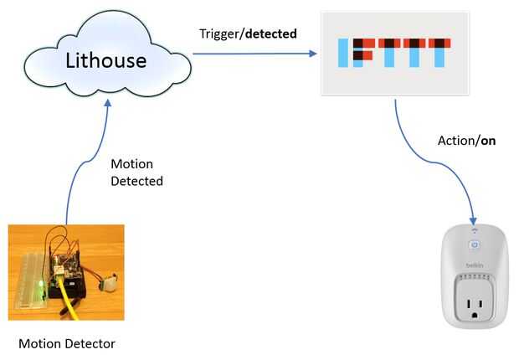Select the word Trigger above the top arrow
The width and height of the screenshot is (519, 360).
pos(218,34)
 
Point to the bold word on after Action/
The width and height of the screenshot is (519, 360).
pos(488,141)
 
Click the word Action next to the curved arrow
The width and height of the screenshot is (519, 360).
pos(456,141)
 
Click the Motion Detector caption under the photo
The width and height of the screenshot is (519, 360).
pos(67,343)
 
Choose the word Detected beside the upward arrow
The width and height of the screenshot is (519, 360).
pos(137,181)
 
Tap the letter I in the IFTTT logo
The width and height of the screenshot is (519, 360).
pos(342,54)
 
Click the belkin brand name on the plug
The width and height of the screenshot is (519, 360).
pos(475,266)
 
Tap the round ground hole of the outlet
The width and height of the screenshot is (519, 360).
pos(475,316)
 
